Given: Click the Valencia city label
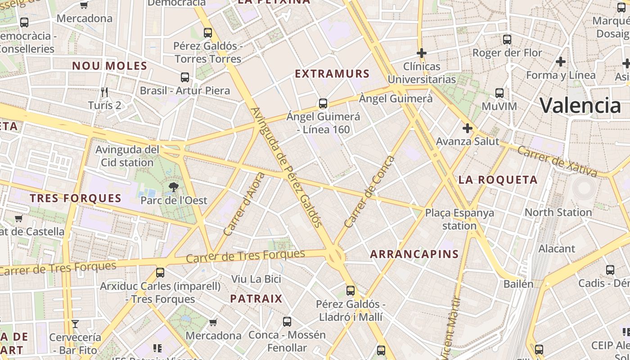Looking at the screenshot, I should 580,106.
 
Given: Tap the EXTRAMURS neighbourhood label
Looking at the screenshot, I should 332,74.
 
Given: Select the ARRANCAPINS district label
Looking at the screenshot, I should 414,254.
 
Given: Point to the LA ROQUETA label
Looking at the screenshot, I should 498,180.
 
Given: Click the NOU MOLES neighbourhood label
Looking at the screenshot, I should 110,66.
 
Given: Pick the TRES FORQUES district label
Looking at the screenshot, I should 76,198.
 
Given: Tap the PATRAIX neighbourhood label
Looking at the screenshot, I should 256,299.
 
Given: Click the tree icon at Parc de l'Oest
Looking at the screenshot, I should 173,187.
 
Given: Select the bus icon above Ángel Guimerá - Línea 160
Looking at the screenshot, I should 323,103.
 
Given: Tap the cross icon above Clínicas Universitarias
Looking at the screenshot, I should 421,53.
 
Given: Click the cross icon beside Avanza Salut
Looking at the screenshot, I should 468,129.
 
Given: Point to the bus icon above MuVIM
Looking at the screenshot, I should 499,93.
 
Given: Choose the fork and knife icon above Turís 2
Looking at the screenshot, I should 104,92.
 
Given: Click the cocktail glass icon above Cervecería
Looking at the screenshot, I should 75,324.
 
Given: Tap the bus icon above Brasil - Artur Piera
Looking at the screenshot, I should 184,77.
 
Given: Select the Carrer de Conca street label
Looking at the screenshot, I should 369,192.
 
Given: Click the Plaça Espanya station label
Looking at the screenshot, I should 459,219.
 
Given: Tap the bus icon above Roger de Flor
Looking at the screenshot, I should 507,40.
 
